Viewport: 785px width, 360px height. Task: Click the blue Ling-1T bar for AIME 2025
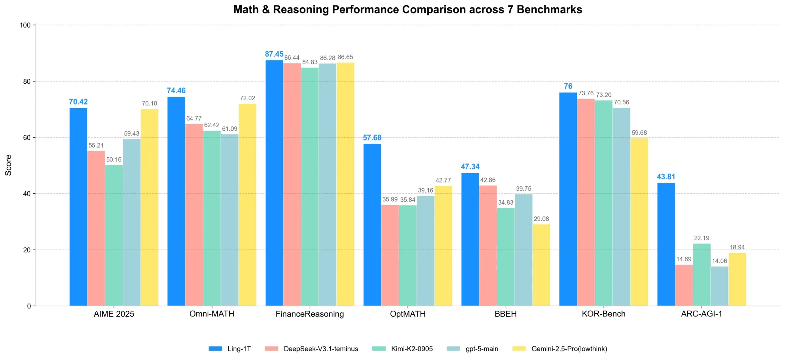coord(78,207)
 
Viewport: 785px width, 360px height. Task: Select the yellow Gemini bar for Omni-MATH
coord(247,205)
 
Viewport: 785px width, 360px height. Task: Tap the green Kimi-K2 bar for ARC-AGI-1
coord(702,274)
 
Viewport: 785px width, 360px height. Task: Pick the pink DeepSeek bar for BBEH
coord(488,245)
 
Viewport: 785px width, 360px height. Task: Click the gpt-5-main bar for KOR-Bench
coord(622,206)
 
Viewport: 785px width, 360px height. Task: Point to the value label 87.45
coord(274,54)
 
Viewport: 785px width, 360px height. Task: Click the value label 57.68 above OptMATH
coord(372,138)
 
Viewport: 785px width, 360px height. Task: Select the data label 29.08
coord(541,219)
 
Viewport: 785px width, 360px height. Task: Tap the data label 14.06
coord(719,261)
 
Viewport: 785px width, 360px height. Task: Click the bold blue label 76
coord(568,86)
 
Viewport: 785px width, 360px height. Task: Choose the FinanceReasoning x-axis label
coord(310,314)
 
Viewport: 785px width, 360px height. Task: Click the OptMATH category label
coord(408,314)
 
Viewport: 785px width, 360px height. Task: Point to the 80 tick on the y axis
coord(27,81)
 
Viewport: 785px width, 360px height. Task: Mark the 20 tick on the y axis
coord(27,250)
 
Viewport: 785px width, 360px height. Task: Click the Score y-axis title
coord(8,165)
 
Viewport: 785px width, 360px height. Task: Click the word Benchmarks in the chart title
coord(549,10)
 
